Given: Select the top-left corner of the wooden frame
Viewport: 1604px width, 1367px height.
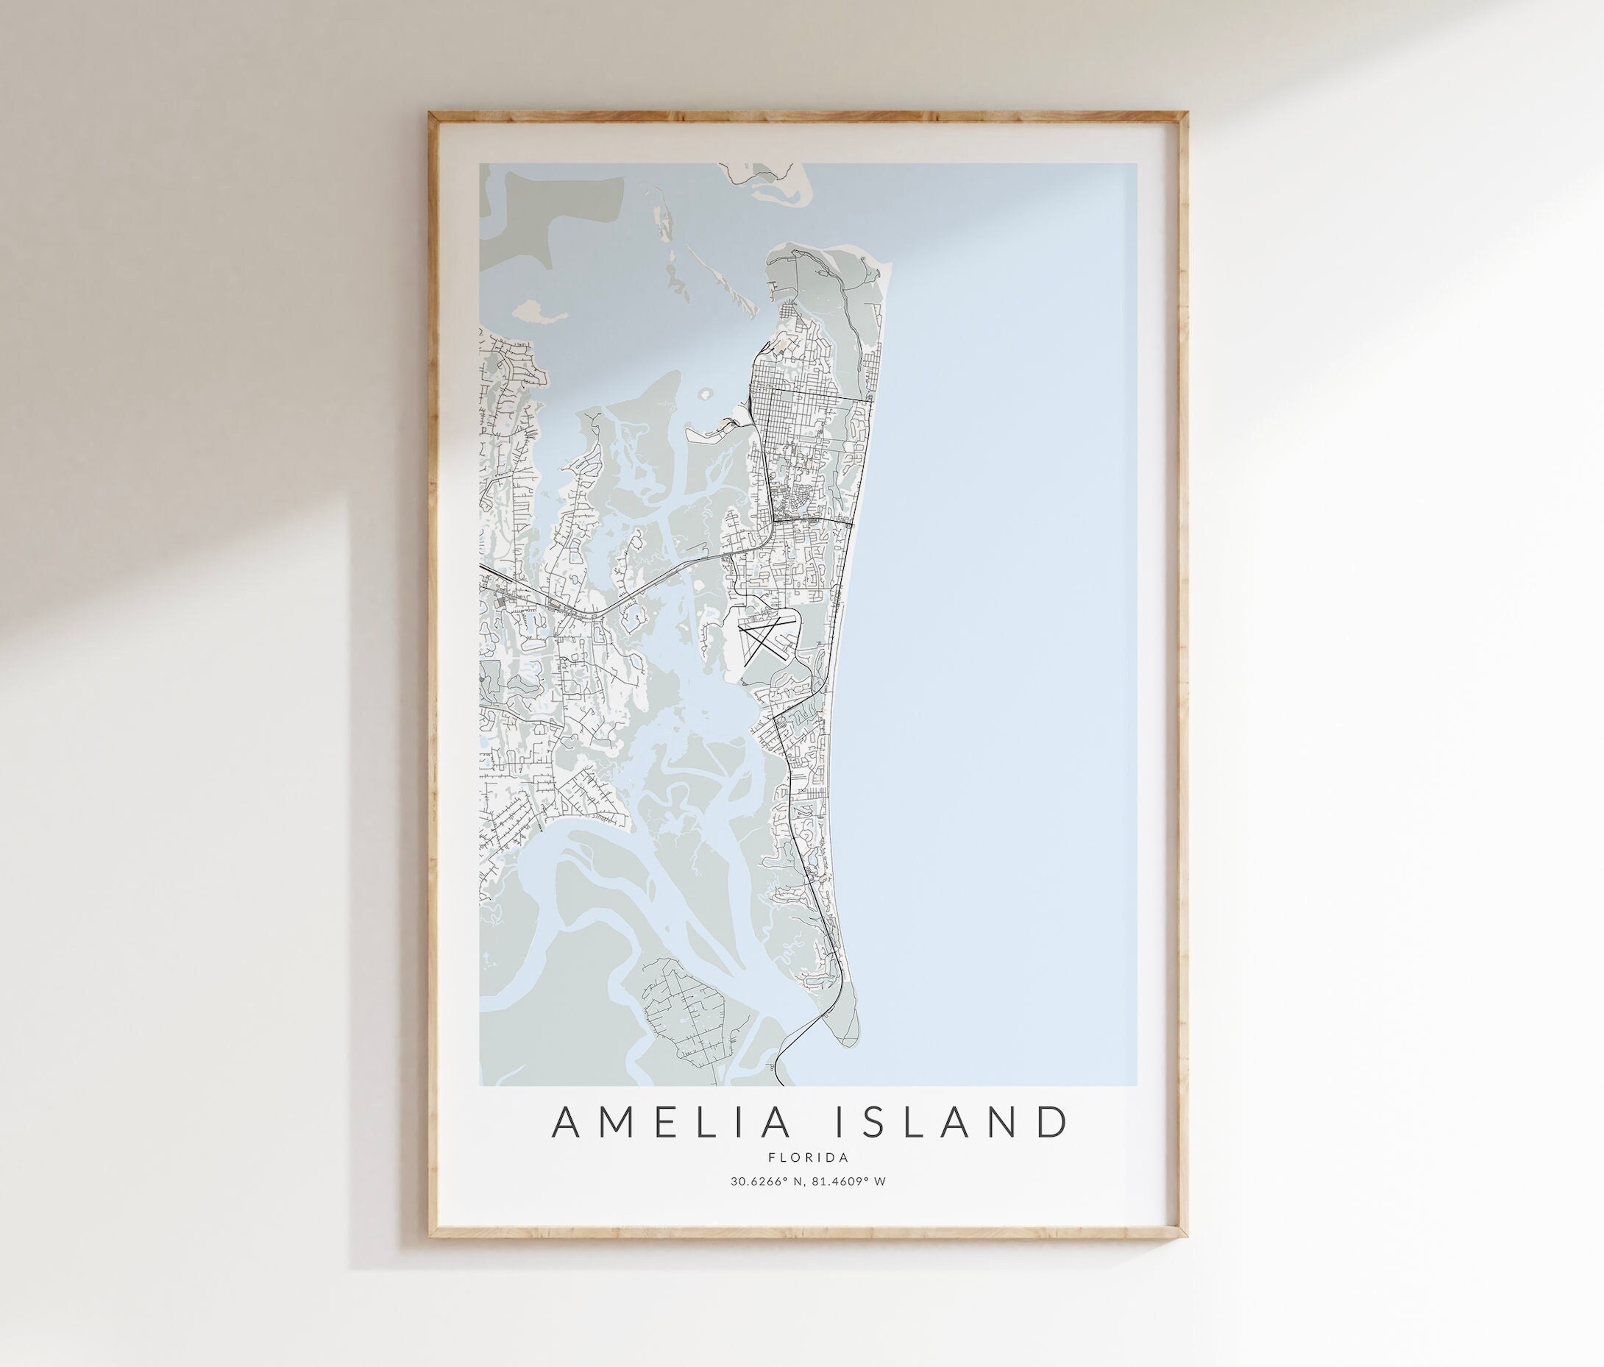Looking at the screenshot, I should coord(433,116).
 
